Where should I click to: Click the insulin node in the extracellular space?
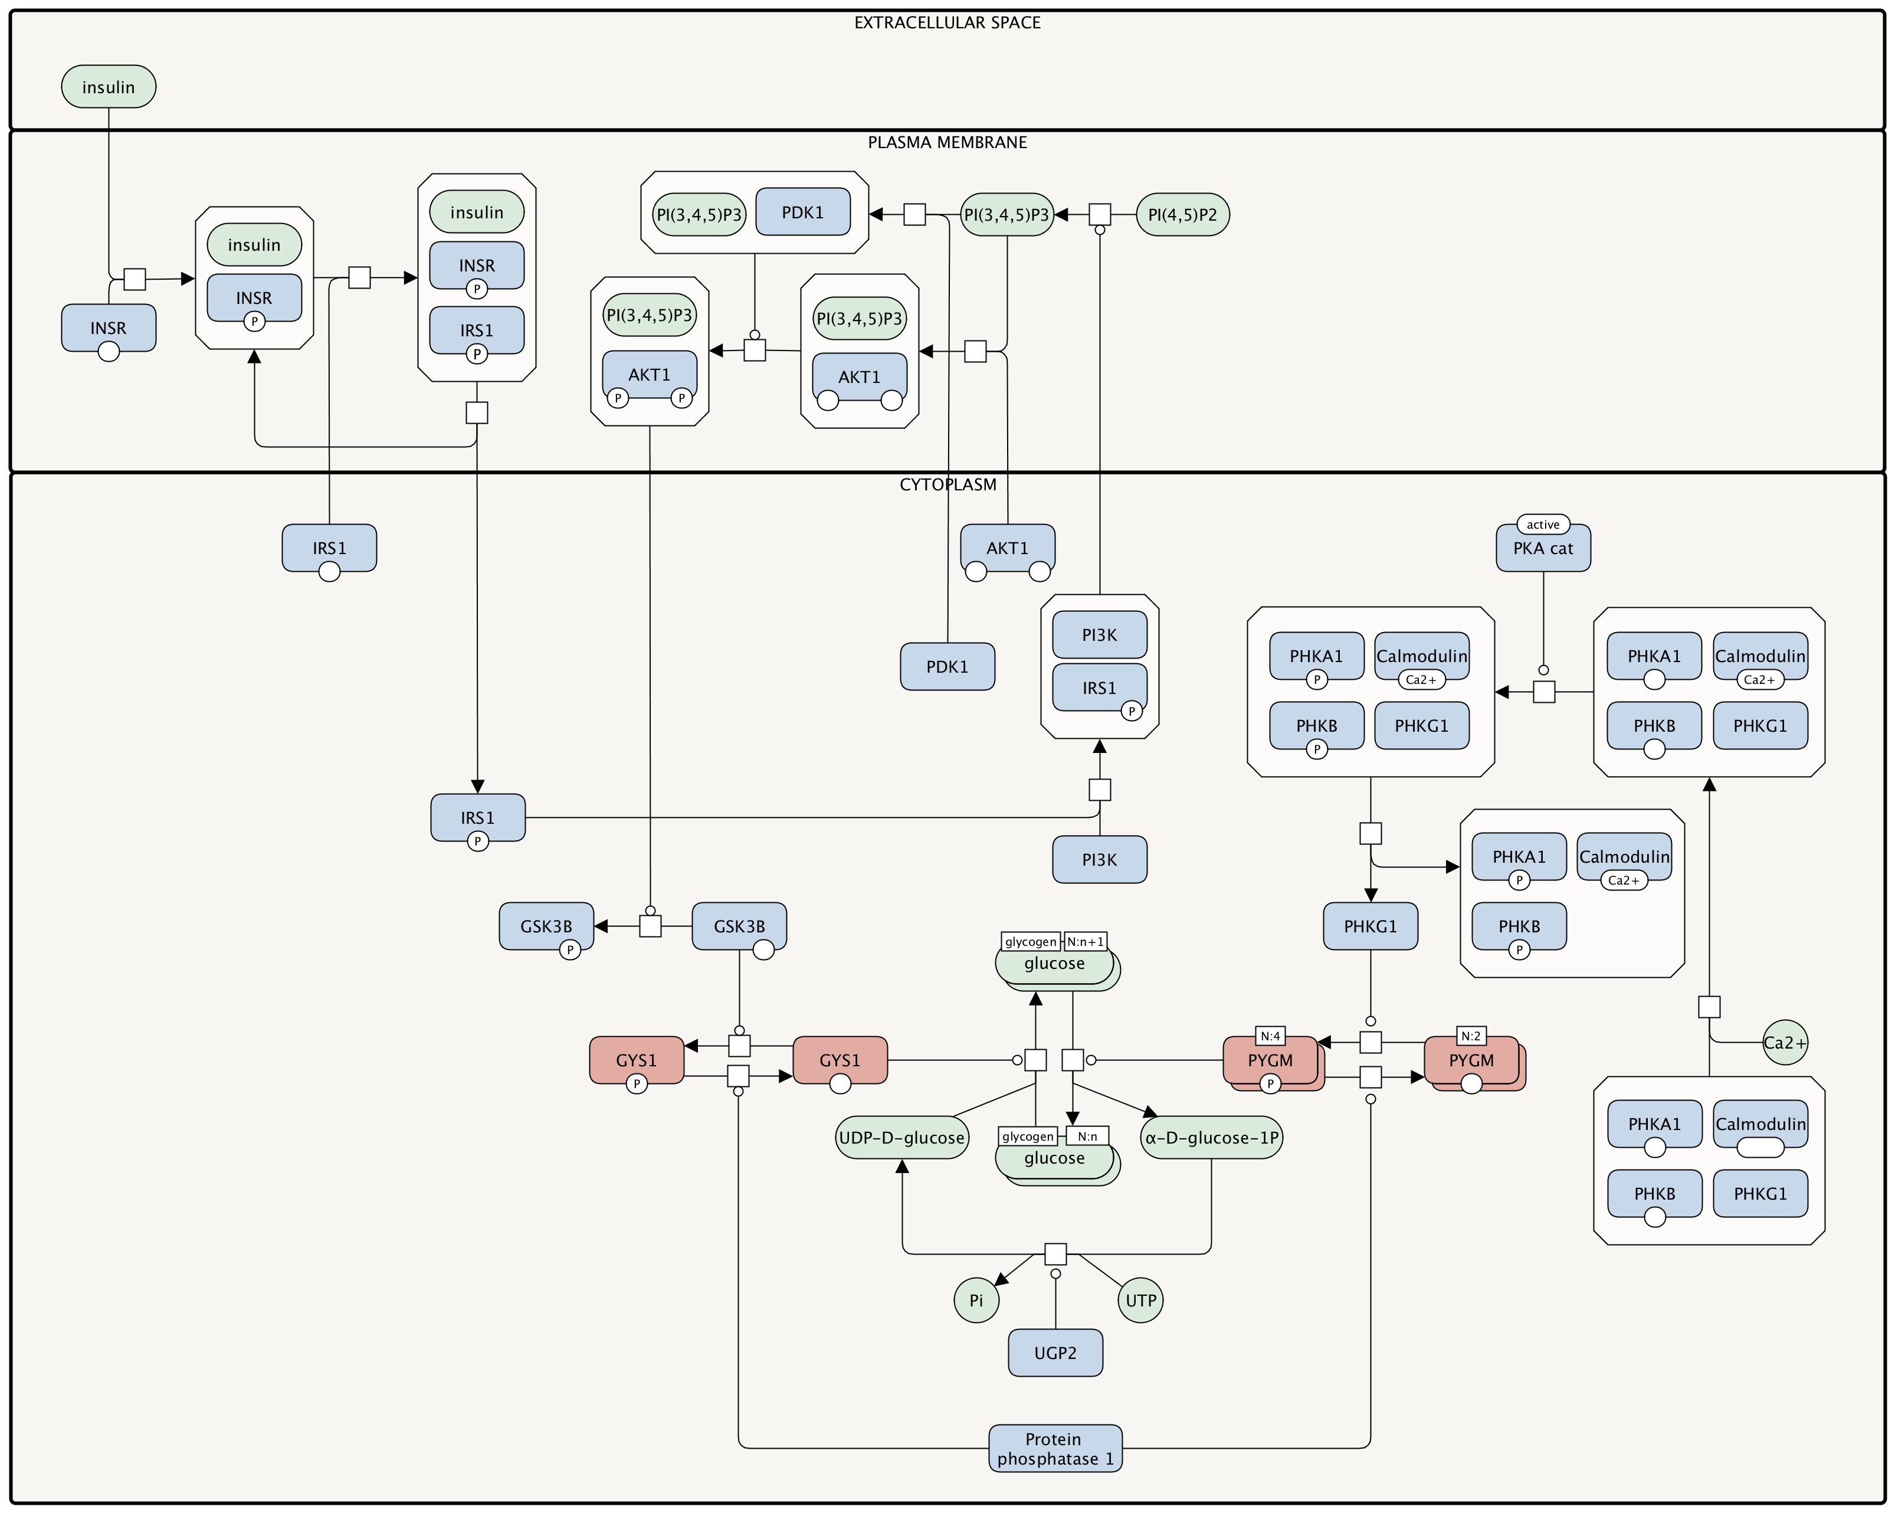click(x=108, y=87)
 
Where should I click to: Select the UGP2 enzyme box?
click(x=1055, y=1352)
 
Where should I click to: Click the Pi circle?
click(x=976, y=1300)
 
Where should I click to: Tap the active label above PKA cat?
click(x=1543, y=525)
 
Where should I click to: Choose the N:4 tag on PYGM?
click(x=1270, y=1036)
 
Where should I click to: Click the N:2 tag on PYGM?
click(x=1470, y=1036)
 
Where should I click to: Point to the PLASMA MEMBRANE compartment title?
click(x=947, y=142)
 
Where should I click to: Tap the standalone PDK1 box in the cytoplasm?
click(x=947, y=666)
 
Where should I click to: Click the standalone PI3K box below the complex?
click(x=1099, y=860)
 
